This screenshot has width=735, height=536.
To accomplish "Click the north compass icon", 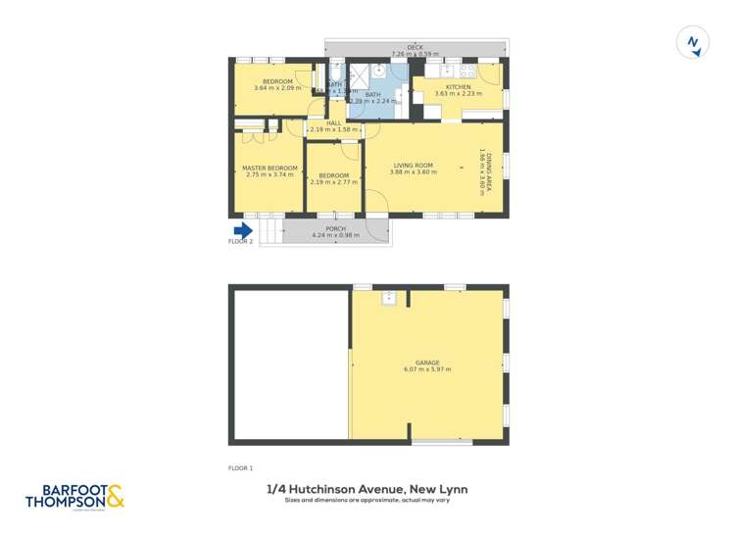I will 693,43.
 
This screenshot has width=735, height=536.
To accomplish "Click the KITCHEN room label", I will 459,87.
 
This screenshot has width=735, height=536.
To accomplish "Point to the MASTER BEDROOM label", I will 269,169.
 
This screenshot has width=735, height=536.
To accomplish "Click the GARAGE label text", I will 427,363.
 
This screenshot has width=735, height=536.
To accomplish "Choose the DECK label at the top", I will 416,47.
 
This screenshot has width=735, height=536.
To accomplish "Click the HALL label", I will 334,122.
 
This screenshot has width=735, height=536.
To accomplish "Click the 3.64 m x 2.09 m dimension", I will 277,88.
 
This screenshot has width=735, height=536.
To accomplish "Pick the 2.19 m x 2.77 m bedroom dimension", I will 334,181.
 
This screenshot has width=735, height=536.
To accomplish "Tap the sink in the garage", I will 388,296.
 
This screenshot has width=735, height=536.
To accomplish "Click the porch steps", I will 270,231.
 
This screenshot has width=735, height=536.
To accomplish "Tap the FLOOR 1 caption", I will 240,468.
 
